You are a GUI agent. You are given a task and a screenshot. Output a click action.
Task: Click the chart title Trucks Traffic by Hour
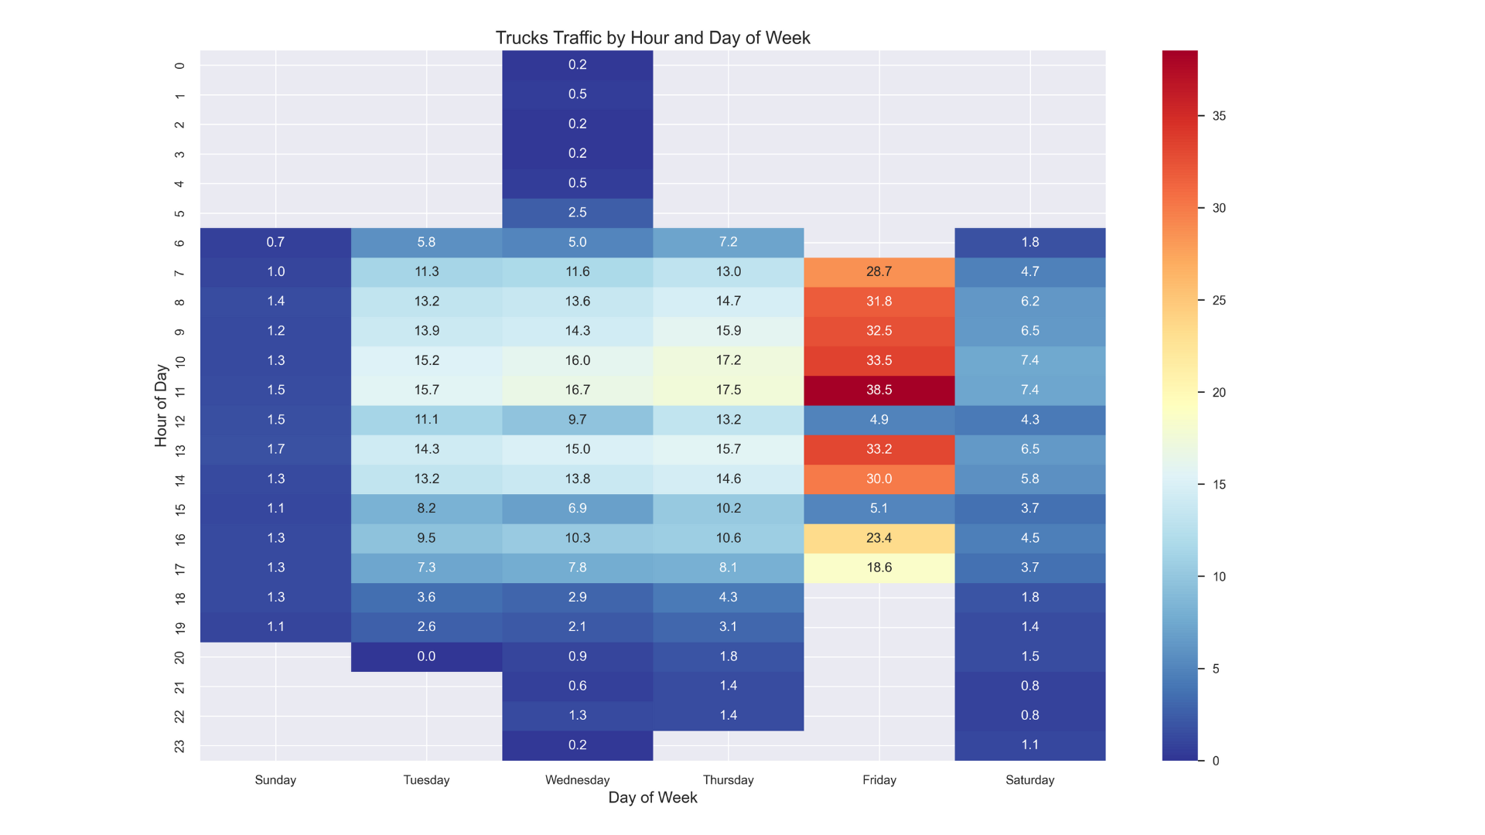tap(652, 38)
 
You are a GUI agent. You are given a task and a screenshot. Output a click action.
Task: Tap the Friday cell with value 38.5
tap(879, 390)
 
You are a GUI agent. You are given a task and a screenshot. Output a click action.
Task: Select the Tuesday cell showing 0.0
tap(426, 656)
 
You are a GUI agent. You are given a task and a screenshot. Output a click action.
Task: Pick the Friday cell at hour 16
tap(879, 538)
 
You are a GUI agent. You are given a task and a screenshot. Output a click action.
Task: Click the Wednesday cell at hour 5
tap(577, 213)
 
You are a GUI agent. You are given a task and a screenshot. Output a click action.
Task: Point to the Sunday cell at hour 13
tap(275, 449)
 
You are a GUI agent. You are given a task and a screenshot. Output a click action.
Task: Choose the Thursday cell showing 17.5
tap(728, 390)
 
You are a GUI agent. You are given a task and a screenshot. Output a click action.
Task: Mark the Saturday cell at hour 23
tap(1029, 745)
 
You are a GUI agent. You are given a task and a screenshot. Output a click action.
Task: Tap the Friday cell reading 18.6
tap(879, 567)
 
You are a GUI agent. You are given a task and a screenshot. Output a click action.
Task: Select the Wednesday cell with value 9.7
tap(577, 420)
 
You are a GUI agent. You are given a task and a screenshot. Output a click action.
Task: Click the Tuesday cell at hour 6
tap(426, 242)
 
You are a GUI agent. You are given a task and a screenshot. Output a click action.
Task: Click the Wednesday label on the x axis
tap(577, 780)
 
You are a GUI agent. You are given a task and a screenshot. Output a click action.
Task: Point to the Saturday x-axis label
tap(1029, 780)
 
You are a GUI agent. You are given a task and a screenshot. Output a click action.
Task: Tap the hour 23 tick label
tap(179, 746)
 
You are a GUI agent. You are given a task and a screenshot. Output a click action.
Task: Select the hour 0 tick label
tap(179, 66)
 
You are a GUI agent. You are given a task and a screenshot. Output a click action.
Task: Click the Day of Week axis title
tap(652, 798)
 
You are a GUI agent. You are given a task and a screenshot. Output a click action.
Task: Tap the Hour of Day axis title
tap(161, 405)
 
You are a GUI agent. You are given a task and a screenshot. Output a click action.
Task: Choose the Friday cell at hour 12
tap(879, 420)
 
